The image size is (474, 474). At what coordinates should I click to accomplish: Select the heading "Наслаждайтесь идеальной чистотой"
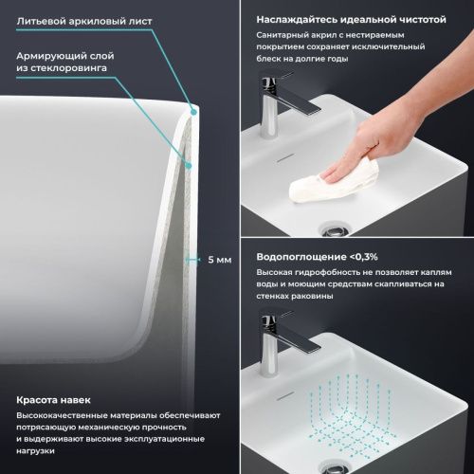[348, 17]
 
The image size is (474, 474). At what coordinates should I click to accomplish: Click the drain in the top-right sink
[334, 228]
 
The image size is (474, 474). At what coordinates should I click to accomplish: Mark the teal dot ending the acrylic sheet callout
[194, 112]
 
